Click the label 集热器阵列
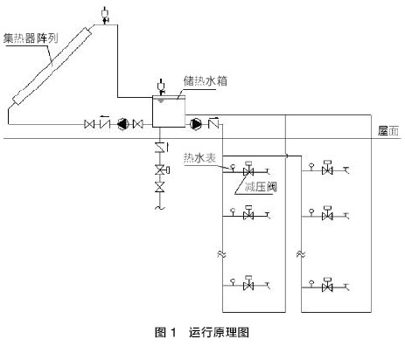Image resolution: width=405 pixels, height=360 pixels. (x=31, y=38)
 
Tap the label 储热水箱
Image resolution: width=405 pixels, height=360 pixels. (x=206, y=80)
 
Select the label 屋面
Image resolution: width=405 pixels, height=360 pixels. (x=388, y=131)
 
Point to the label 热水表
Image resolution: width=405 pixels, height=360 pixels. (x=199, y=157)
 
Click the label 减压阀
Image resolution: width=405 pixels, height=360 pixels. (x=261, y=187)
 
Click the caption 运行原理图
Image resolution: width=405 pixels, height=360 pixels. (x=219, y=332)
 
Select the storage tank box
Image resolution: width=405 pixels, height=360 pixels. (x=169, y=112)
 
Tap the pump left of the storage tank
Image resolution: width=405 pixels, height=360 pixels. (x=122, y=124)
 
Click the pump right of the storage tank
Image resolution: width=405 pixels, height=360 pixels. (x=196, y=124)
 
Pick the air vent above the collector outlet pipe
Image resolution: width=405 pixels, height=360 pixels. (x=104, y=15)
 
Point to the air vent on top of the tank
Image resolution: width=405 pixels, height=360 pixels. (x=161, y=87)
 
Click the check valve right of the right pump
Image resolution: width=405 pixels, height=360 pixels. (x=213, y=123)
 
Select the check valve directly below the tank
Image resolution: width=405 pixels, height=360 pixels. (x=161, y=148)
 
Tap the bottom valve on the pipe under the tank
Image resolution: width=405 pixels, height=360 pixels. (x=160, y=187)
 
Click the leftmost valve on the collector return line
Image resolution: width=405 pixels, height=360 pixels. (x=89, y=124)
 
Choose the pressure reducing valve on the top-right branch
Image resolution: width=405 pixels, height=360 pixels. (x=327, y=168)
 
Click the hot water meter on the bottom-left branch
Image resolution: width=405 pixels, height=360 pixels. (x=233, y=282)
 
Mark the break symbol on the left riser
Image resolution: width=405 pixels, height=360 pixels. (x=222, y=253)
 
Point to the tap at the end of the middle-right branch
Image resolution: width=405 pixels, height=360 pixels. (x=346, y=216)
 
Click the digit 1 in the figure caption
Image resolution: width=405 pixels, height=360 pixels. (x=173, y=332)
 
